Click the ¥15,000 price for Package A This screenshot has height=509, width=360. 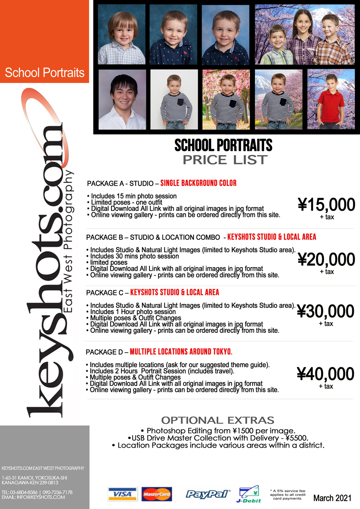tap(326, 205)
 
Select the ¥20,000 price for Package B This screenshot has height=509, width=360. tap(326, 259)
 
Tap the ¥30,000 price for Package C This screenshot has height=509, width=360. tap(326, 311)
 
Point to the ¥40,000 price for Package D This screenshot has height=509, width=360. tap(326, 374)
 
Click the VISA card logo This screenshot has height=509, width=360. tap(122, 494)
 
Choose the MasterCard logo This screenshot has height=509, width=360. tap(156, 494)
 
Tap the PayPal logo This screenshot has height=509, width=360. tap(208, 494)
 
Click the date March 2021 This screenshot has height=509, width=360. tap(332, 498)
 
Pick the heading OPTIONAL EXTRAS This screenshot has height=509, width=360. tap(218, 420)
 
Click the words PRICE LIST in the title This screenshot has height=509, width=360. tap(225, 160)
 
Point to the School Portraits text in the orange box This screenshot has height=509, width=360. tap(45, 73)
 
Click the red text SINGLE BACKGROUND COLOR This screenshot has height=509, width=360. tap(199, 183)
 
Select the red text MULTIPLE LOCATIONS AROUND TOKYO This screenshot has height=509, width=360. tap(181, 352)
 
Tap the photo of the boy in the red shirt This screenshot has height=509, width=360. tap(331, 100)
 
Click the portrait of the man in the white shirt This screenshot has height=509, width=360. tap(122, 100)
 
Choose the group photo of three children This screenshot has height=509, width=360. tap(304, 35)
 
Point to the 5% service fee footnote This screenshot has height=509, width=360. tap(288, 494)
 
